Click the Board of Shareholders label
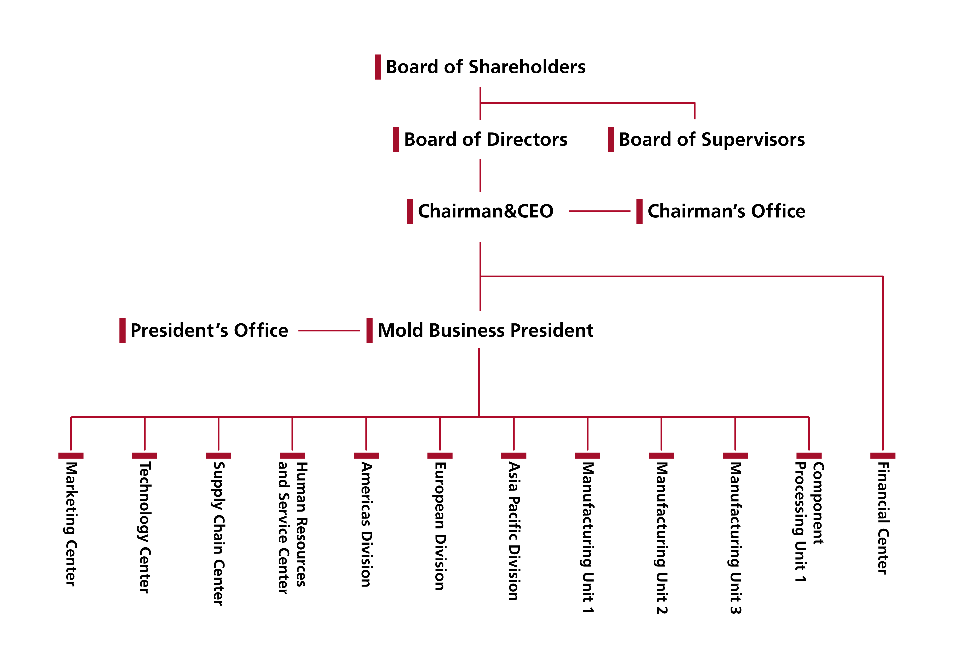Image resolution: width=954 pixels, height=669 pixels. [485, 67]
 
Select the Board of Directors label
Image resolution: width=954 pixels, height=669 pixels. [485, 140]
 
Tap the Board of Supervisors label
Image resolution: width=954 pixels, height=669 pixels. [711, 140]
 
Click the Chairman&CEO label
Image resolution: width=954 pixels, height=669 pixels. [485, 211]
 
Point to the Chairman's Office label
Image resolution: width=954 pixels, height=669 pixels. [726, 211]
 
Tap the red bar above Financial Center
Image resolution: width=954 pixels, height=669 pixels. [882, 455]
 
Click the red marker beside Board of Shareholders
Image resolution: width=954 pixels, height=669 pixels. [378, 67]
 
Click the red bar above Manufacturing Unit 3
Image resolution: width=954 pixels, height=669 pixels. [735, 455]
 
